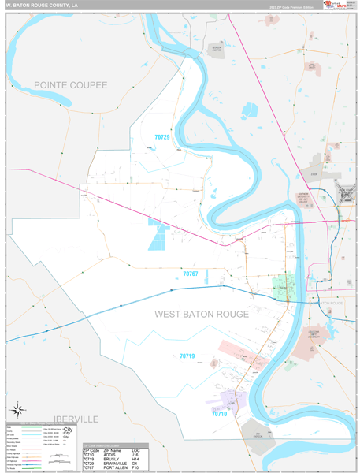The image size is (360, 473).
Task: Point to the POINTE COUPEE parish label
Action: click(70, 84)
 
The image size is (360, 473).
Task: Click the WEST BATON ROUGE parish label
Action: click(201, 314)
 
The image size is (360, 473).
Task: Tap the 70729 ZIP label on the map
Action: click(161, 137)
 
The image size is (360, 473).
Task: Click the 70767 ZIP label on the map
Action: click(190, 274)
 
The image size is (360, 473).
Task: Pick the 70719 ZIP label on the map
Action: click(187, 356)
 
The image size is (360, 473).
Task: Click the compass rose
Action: click(17, 409)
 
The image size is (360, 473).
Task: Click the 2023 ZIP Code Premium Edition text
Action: click(291, 6)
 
